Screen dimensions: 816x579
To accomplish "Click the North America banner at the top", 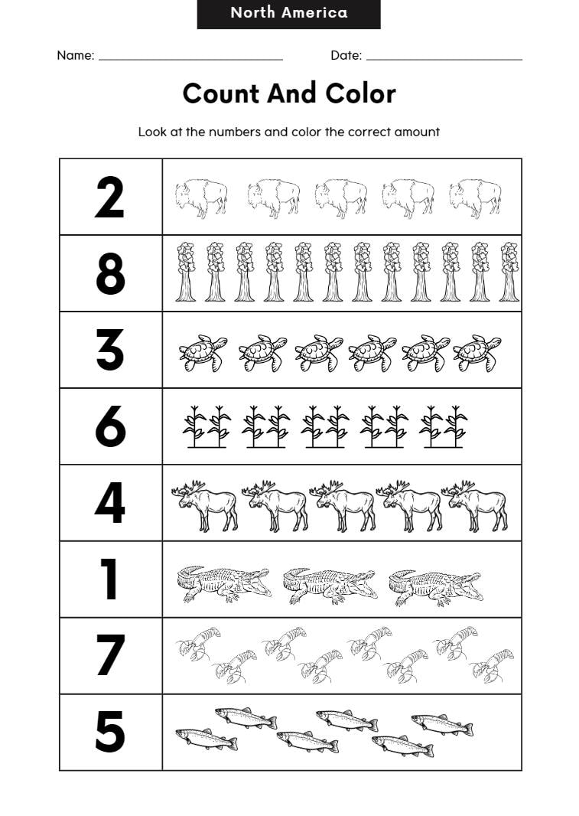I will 288,14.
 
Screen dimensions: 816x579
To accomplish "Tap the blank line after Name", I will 190,57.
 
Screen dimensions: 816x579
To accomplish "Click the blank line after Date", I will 444,57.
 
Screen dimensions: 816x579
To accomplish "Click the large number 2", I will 109,197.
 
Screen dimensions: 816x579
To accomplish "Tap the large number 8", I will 109,274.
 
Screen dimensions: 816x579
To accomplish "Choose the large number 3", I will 109,350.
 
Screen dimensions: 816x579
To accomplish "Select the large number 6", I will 109,426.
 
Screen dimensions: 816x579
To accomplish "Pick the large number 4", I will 109,503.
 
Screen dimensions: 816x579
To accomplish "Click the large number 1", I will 109,579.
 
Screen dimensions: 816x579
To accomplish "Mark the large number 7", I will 109,656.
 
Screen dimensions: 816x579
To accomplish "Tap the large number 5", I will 109,733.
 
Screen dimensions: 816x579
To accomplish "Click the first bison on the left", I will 200,198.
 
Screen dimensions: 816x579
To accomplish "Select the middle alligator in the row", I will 330,586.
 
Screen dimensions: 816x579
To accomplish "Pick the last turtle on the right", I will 477,353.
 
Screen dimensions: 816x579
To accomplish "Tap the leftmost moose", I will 204,506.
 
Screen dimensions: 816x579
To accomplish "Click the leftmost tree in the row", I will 185,272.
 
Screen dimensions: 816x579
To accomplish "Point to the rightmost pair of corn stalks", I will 444,427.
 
